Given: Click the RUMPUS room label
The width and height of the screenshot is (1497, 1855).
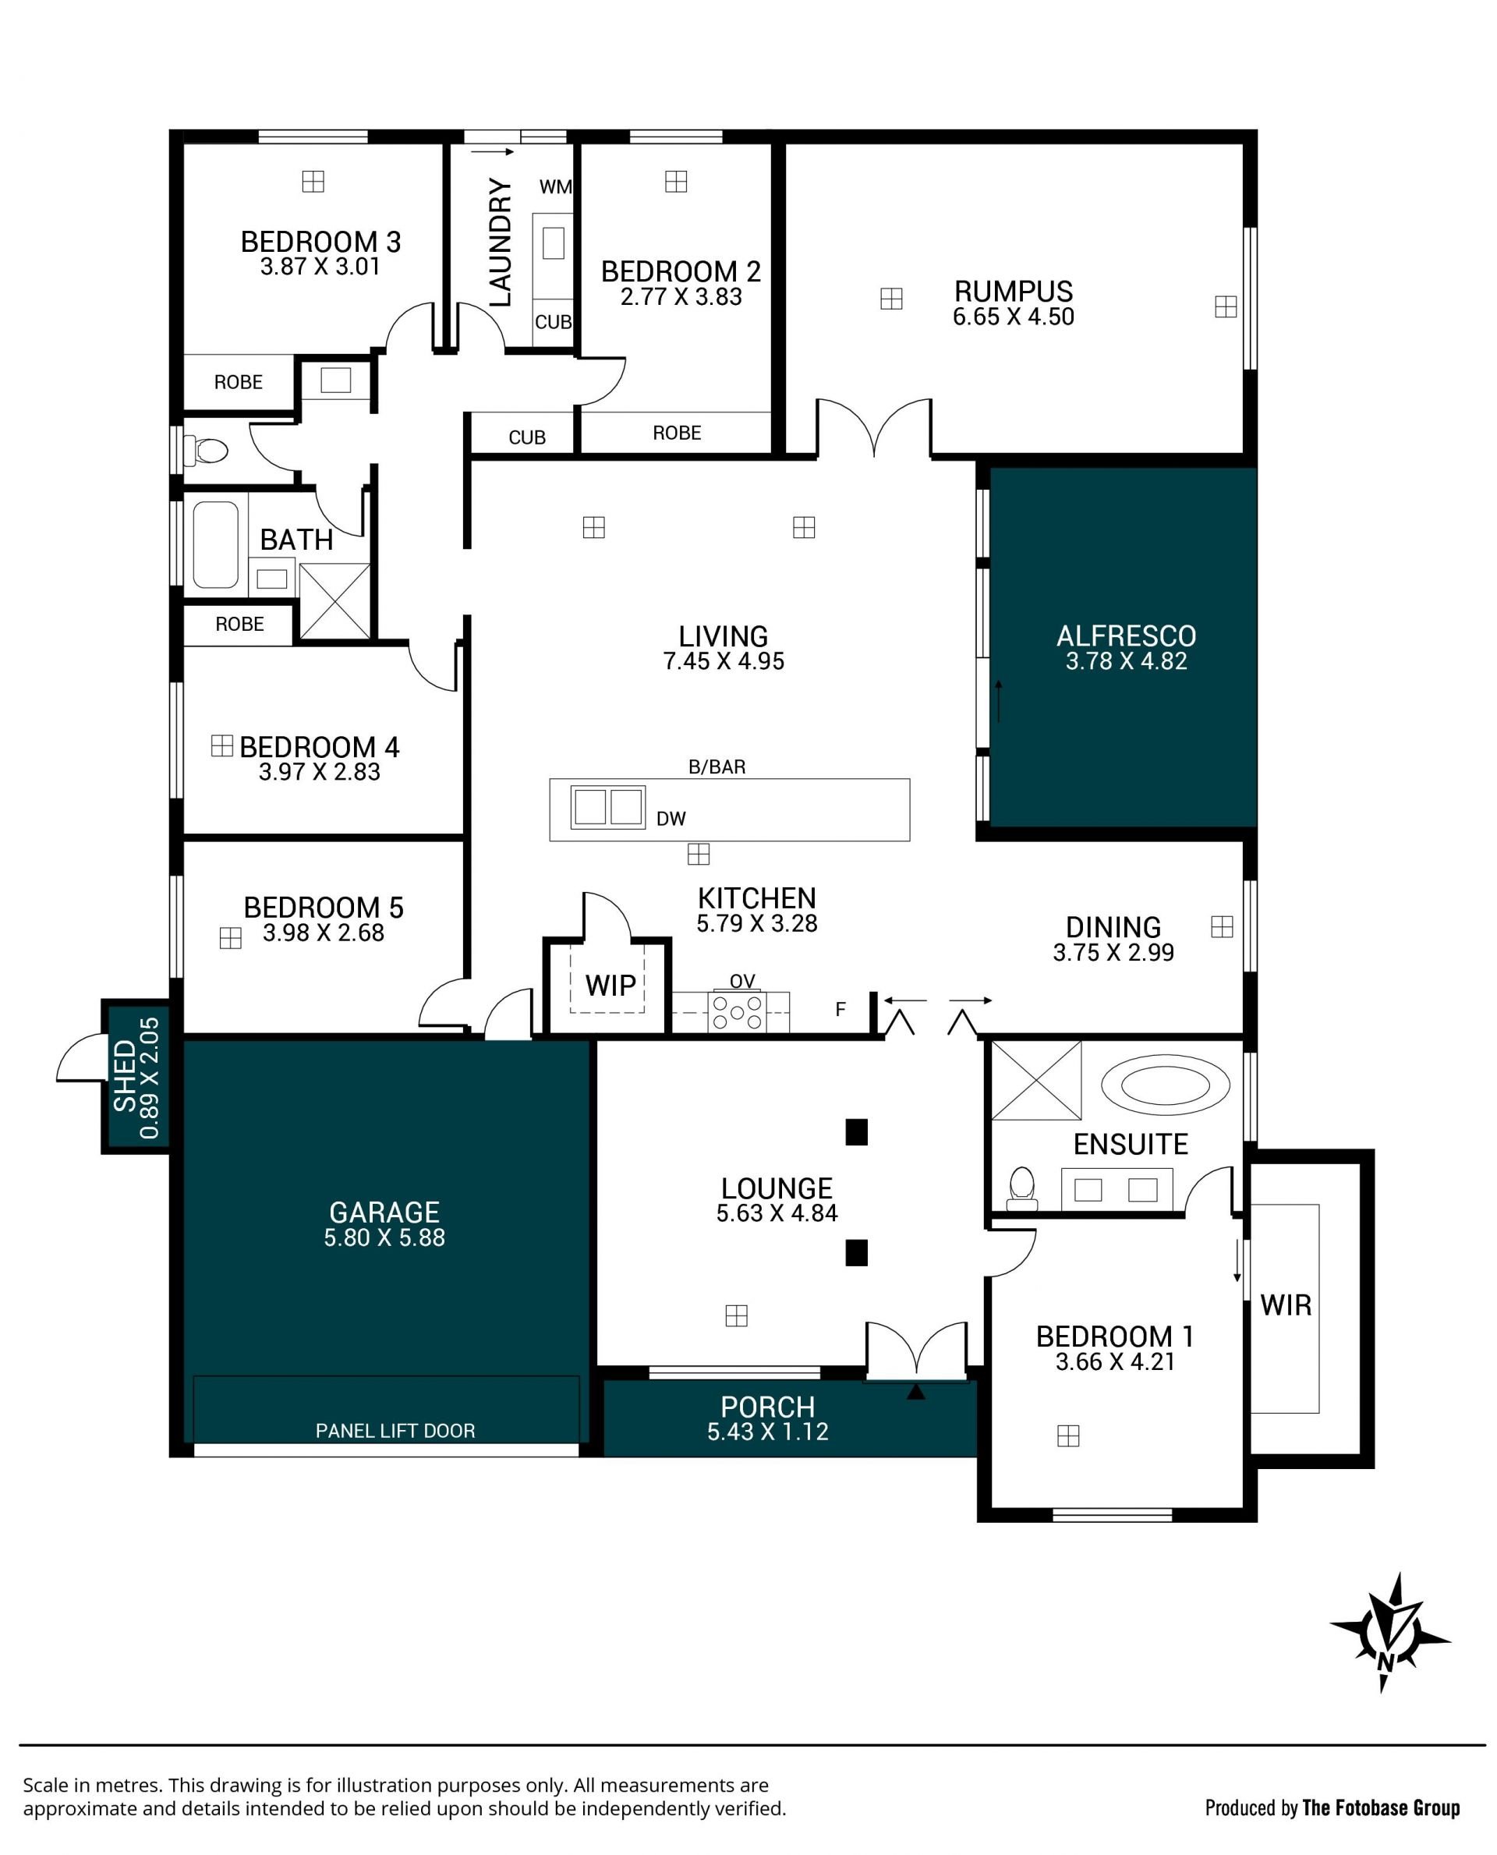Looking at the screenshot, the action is pyautogui.click(x=1014, y=291).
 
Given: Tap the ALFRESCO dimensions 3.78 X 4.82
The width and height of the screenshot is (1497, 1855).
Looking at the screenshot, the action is pyautogui.click(x=1126, y=661).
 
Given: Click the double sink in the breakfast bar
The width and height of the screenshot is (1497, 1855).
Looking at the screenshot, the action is pyautogui.click(x=608, y=807).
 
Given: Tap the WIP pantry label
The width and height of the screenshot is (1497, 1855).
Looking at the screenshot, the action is pyautogui.click(x=610, y=985).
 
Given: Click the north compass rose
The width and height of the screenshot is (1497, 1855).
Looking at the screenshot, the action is pyautogui.click(x=1389, y=1633).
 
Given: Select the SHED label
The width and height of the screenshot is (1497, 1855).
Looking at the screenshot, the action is pyautogui.click(x=125, y=1076).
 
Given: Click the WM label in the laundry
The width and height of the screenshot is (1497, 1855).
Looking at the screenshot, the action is pyautogui.click(x=555, y=186).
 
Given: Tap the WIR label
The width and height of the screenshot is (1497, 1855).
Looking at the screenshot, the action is pyautogui.click(x=1286, y=1305).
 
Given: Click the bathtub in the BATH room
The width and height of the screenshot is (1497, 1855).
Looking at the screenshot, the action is pyautogui.click(x=214, y=545).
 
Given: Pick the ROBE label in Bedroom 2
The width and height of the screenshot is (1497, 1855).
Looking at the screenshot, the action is pyautogui.click(x=677, y=433).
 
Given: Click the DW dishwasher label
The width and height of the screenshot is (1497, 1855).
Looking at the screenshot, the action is pyautogui.click(x=671, y=819).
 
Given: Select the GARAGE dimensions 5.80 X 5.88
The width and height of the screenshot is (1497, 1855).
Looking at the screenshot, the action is pyautogui.click(x=384, y=1237).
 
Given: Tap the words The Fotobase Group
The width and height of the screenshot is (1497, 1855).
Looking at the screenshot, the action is pyautogui.click(x=1381, y=1807).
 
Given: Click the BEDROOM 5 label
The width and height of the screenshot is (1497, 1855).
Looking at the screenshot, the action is pyautogui.click(x=324, y=908).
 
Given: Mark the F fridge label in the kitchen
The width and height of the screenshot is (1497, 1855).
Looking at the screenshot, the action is pyautogui.click(x=841, y=1009).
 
